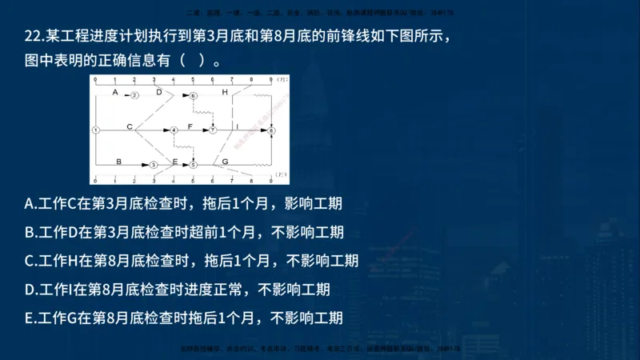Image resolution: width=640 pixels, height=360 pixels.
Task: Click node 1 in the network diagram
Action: pyautogui.click(x=95, y=129)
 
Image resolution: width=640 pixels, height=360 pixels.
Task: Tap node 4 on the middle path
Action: pyautogui.click(x=174, y=129)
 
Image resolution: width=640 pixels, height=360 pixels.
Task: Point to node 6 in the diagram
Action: pyautogui.click(x=194, y=95)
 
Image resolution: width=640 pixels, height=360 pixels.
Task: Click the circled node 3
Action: pyautogui.click(x=154, y=164)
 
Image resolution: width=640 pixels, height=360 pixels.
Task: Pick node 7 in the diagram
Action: pyautogui.click(x=213, y=129)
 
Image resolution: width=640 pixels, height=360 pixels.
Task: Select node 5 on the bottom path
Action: pyautogui.click(x=194, y=164)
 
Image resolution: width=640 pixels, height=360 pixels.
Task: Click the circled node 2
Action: pyautogui.click(x=134, y=95)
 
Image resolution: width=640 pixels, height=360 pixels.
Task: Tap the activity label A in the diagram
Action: pyautogui.click(x=115, y=92)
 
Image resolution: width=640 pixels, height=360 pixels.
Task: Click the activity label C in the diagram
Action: pyautogui.click(x=130, y=126)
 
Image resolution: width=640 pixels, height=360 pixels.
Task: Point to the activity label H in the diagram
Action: pyautogui.click(x=225, y=92)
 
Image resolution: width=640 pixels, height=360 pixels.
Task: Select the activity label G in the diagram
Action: pyautogui.click(x=226, y=161)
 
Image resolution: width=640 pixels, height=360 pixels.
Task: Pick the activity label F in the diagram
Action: pyautogui.click(x=190, y=126)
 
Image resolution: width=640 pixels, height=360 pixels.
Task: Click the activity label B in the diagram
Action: pyautogui.click(x=118, y=161)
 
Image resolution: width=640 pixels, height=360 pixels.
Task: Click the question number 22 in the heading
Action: pyautogui.click(x=33, y=37)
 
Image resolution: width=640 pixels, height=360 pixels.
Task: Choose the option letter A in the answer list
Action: pyautogui.click(x=30, y=203)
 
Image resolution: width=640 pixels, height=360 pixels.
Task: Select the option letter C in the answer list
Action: pyautogui.click(x=30, y=261)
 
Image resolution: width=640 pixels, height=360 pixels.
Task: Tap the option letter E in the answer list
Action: pyautogui.click(x=29, y=318)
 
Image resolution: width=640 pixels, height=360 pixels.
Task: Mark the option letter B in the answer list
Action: pyautogui.click(x=30, y=232)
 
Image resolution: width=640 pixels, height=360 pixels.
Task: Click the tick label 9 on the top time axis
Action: pyautogui.click(x=271, y=80)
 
